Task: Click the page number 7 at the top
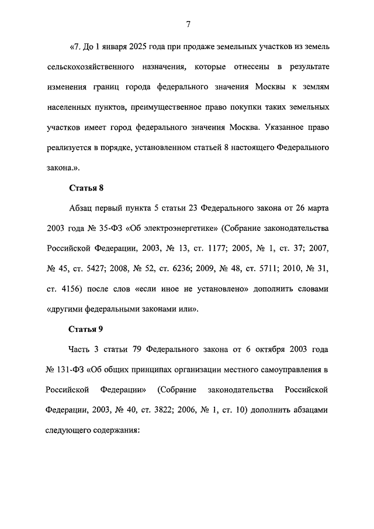click(x=188, y=24)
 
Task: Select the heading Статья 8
click(x=86, y=188)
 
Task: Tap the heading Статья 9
click(x=86, y=329)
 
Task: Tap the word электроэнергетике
click(x=178, y=227)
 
